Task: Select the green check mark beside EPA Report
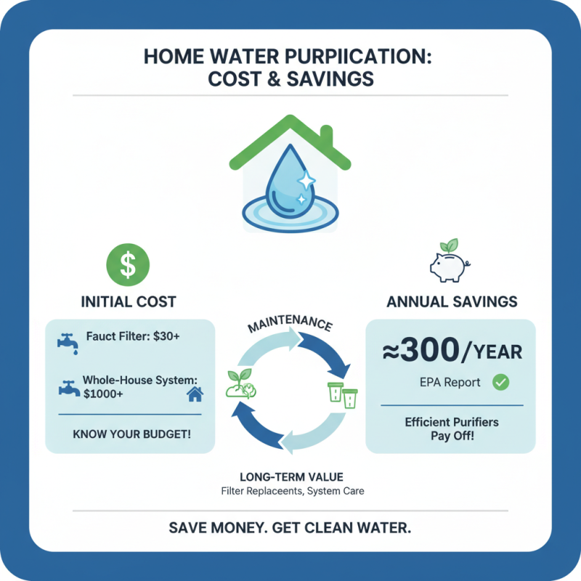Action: coord(500,382)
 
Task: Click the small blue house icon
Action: coord(195,394)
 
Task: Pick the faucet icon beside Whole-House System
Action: coord(68,387)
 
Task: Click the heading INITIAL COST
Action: coord(129,301)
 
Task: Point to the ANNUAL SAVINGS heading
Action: coord(452,301)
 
